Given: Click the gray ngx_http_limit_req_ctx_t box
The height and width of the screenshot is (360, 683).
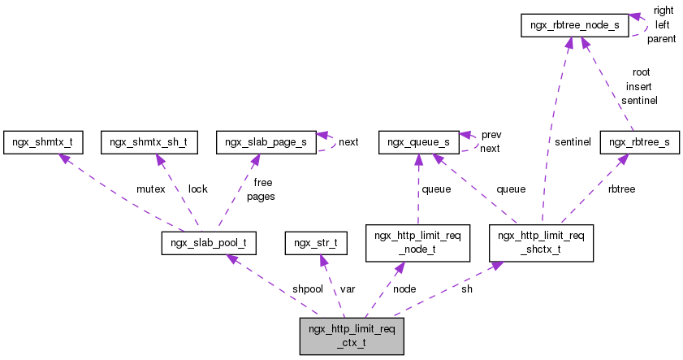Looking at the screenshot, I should point(352,336).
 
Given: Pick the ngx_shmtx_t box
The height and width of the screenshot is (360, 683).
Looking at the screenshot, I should point(42,142).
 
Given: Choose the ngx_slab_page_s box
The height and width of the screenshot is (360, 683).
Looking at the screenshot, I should point(266,142).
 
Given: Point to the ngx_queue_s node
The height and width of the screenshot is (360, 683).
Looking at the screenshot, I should point(417,142).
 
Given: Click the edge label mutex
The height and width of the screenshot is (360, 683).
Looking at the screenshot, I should point(151,189).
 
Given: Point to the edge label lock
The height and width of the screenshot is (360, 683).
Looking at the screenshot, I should point(197,189).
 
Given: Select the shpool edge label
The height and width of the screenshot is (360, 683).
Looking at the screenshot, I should point(308,288).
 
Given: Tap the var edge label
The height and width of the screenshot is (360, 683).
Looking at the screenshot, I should point(348,288).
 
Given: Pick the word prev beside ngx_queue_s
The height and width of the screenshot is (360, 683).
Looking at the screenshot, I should point(491,135).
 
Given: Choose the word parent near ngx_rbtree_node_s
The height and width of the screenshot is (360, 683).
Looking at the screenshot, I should point(663,39).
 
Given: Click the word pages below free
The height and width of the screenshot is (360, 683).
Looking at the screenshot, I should point(261,196).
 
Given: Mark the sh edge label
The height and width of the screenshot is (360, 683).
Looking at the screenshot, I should point(466,288).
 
